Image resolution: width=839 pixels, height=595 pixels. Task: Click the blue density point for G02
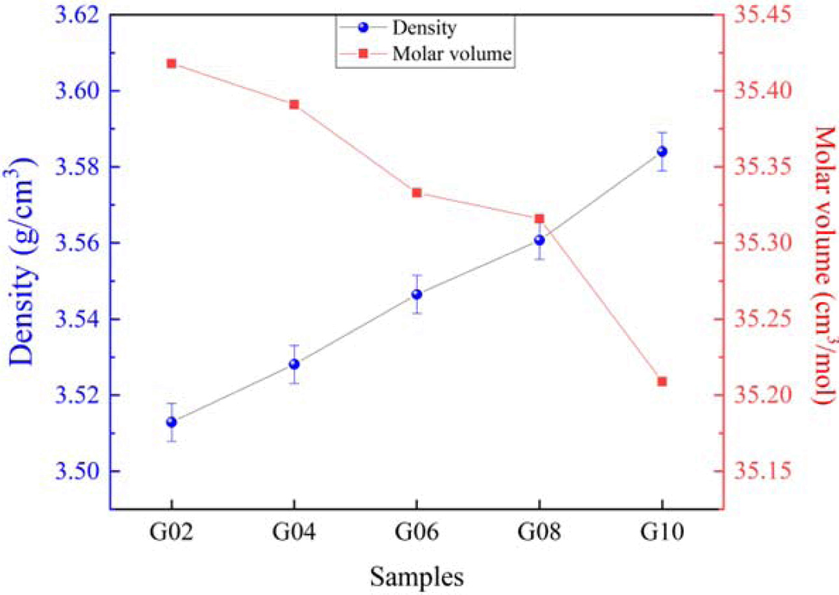(172, 422)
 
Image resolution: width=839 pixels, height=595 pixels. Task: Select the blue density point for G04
(294, 364)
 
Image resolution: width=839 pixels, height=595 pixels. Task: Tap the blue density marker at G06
(417, 295)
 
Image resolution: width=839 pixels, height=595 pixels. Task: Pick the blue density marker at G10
(662, 152)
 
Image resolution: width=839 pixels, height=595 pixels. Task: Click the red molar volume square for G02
(172, 64)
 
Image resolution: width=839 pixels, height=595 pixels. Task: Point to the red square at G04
(294, 105)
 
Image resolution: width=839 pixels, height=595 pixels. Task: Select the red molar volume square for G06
(417, 192)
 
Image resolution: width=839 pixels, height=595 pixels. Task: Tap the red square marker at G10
(662, 382)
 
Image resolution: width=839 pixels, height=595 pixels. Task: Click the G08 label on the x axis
(539, 533)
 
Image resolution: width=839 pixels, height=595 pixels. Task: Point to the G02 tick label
(172, 533)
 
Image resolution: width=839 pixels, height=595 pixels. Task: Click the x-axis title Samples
(417, 575)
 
